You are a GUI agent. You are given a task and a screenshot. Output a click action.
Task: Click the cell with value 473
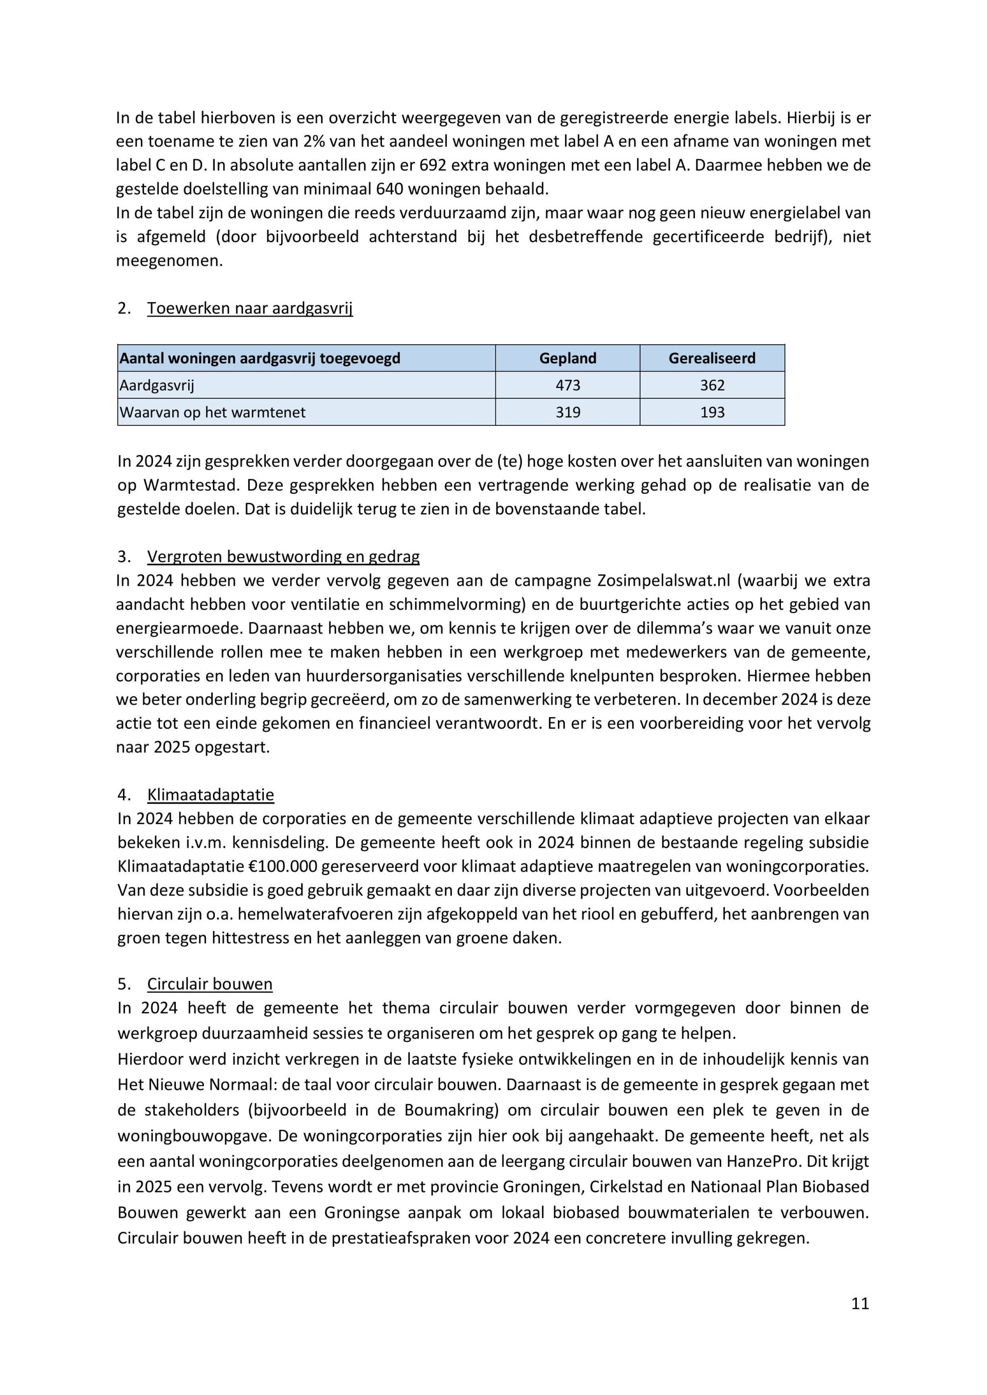[568, 385]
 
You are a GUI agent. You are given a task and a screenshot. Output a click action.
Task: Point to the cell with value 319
[568, 413]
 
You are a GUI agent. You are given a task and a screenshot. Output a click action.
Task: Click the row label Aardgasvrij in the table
[157, 385]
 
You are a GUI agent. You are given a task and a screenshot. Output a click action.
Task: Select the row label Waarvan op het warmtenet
[213, 413]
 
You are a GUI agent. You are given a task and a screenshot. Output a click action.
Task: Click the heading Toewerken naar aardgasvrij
[250, 309]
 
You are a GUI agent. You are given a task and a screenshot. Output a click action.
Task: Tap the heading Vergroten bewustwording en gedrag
[283, 556]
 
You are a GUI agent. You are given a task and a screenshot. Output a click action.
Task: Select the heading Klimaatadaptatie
[210, 795]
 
